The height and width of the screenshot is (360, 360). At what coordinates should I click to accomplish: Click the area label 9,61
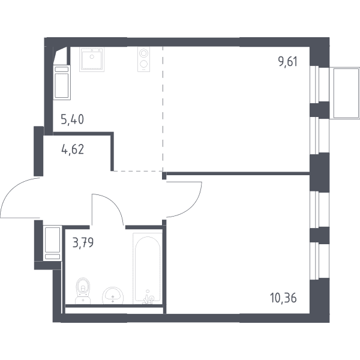288,62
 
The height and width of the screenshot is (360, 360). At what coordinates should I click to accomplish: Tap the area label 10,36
284,298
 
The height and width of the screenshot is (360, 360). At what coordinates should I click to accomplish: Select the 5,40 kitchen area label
73,119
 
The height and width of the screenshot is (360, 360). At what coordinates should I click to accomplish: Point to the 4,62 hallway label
73,149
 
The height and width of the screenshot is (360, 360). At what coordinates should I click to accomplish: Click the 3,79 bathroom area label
83,242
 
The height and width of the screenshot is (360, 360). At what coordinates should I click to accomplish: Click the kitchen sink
92,59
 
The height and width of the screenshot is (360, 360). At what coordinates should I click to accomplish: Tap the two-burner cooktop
144,59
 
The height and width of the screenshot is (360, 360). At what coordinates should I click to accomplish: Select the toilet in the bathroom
83,291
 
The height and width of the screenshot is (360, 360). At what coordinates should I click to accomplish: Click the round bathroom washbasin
113,295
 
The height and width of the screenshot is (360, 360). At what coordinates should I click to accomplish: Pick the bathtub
148,269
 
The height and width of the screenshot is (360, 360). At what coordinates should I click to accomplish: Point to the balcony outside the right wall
345,93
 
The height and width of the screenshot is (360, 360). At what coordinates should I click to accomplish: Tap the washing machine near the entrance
53,243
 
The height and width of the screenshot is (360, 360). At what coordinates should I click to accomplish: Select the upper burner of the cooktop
143,53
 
